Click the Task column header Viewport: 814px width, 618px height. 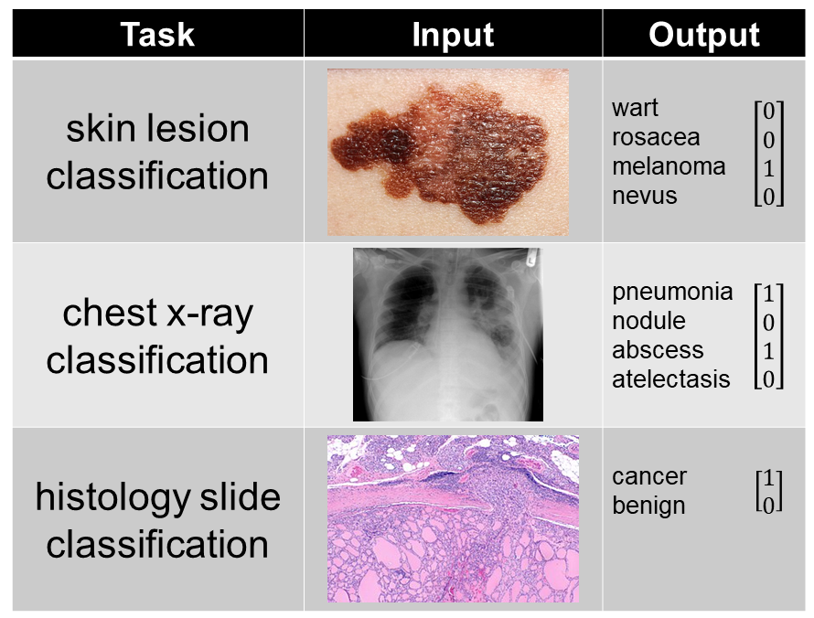157,35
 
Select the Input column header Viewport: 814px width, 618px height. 453,35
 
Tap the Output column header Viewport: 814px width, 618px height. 703,35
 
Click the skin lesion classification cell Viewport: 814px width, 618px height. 157,152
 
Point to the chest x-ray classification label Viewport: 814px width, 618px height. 157,336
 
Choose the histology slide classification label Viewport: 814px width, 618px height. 157,520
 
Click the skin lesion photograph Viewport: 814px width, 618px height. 447,152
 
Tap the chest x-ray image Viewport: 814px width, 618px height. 447,335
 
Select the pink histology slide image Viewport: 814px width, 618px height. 453,518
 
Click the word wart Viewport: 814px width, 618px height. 635,109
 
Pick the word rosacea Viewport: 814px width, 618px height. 656,138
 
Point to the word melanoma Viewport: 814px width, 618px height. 669,166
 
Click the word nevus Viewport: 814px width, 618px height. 645,196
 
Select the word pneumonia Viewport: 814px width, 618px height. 672,292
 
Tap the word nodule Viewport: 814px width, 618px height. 648,321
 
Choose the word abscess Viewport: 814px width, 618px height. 658,350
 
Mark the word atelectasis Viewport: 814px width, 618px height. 671,378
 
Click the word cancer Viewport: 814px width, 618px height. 649,476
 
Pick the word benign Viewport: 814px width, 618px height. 648,506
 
